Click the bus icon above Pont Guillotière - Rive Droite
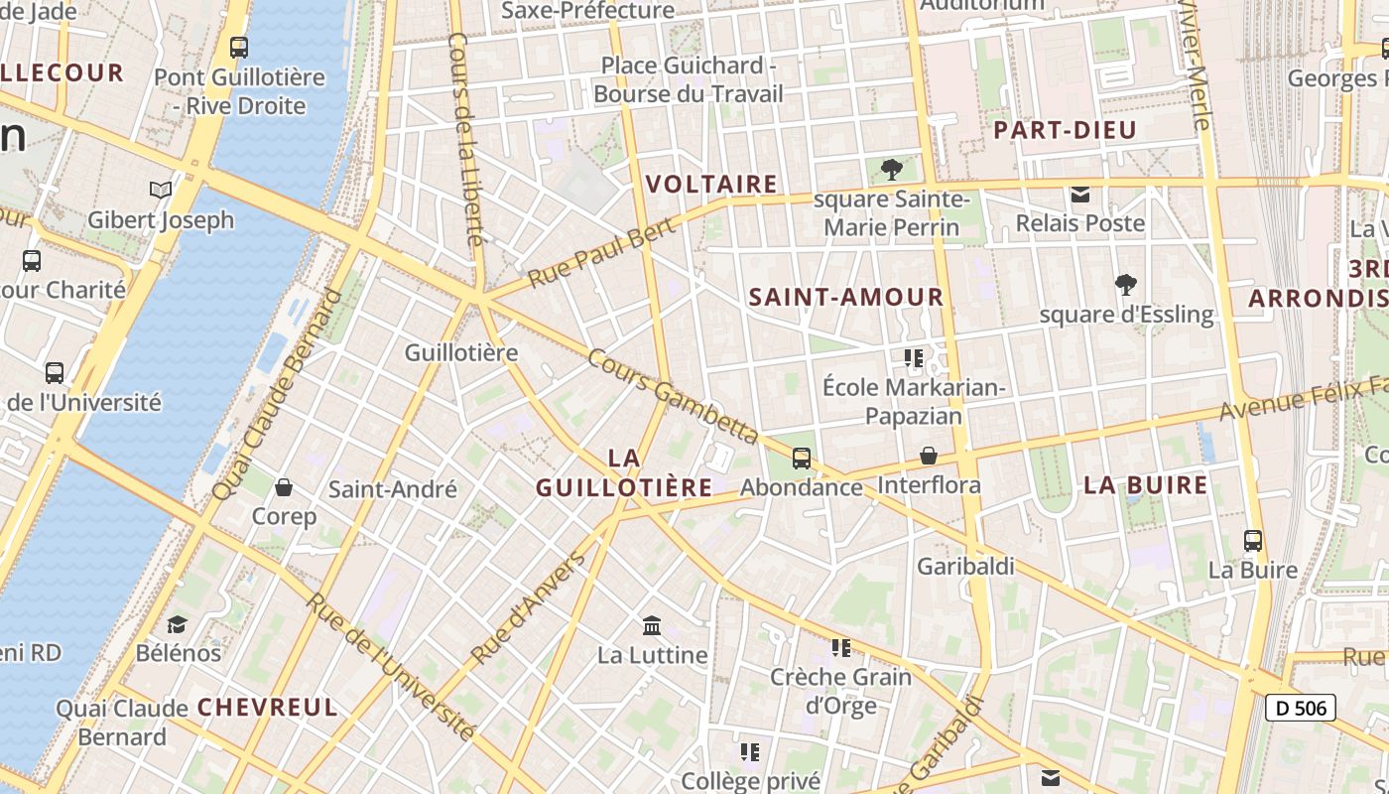point(238,47)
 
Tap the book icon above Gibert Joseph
point(160,190)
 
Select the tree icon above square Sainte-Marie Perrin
point(891,170)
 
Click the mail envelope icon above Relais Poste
point(1079,194)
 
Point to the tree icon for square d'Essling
point(1125,285)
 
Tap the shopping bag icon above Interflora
point(929,456)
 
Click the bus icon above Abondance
point(801,459)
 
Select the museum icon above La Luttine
point(652,625)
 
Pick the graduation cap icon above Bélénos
point(178,623)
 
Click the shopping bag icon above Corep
point(284,487)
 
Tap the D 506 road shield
point(1301,708)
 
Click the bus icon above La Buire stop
point(1252,541)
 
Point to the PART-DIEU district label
point(1065,130)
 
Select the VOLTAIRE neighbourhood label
point(711,185)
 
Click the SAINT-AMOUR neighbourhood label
point(846,297)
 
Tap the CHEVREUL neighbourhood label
point(268,708)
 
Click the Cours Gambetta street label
point(673,396)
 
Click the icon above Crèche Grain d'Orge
point(841,648)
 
